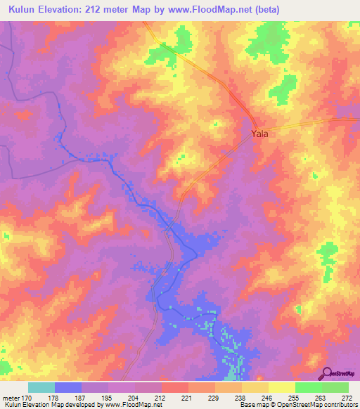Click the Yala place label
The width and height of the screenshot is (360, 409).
click(259, 133)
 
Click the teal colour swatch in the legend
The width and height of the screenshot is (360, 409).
click(41, 388)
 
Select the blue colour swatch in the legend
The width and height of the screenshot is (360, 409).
click(68, 388)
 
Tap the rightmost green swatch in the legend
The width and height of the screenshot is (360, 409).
click(335, 388)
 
